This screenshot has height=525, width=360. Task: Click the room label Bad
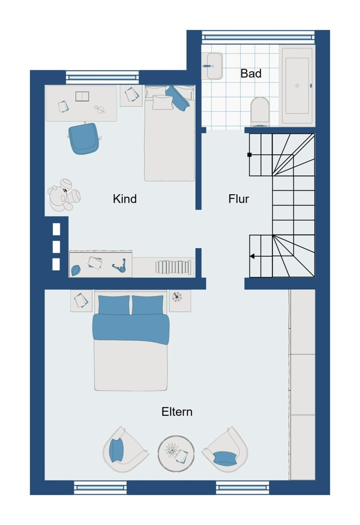pyautogui.click(x=251, y=73)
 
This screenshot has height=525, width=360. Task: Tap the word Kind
pyautogui.click(x=125, y=198)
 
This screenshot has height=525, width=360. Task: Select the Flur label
pyautogui.click(x=239, y=198)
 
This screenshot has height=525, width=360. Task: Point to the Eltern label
pyautogui.click(x=177, y=412)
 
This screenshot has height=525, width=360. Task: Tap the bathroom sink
pyautogui.click(x=213, y=66)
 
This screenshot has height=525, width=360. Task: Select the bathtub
pyautogui.click(x=297, y=86)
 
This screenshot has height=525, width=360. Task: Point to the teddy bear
pyautogui.click(x=63, y=195)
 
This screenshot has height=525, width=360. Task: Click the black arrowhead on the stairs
pyautogui.click(x=252, y=256)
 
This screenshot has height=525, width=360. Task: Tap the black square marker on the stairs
pyautogui.click(x=249, y=155)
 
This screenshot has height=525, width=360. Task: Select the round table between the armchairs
pyautogui.click(x=176, y=454)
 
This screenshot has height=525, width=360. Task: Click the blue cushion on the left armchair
pyautogui.click(x=117, y=450)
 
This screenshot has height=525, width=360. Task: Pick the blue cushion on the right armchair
pyautogui.click(x=225, y=458)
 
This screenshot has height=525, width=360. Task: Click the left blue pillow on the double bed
pyautogui.click(x=114, y=305)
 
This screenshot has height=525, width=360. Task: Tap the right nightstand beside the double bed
pyautogui.click(x=180, y=301)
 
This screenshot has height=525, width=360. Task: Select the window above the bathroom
pyautogui.click(x=258, y=36)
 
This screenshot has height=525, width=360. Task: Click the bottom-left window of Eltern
pyautogui.click(x=100, y=488)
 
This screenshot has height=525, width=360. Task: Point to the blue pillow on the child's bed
pyautogui.click(x=178, y=98)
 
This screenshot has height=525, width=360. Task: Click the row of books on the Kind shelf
pyautogui.click(x=173, y=267)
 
